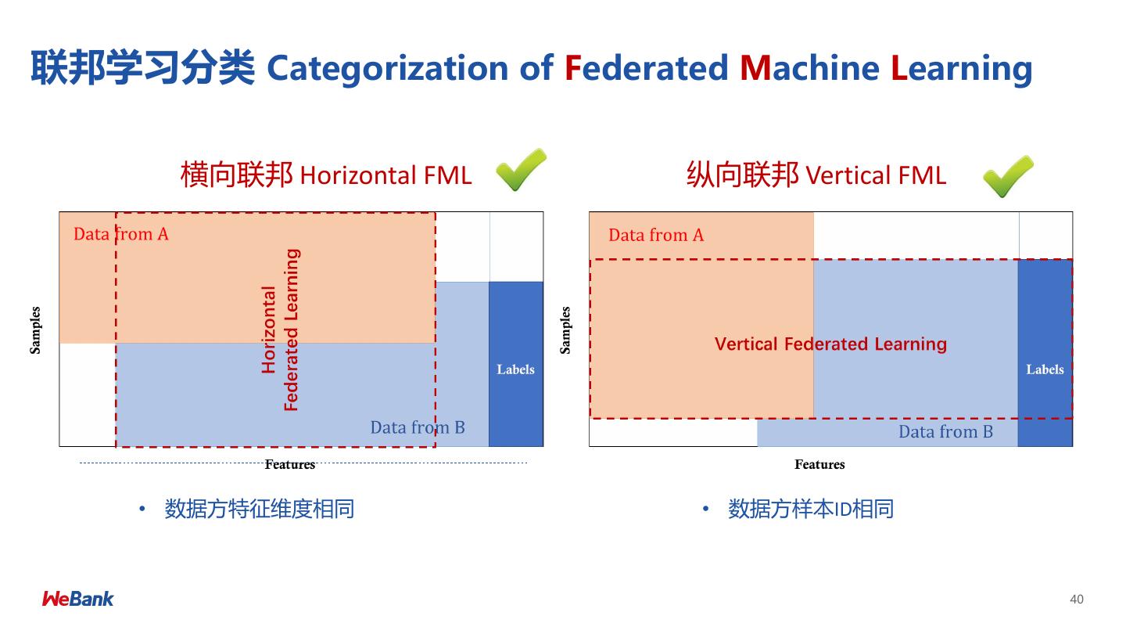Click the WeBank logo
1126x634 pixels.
[x=77, y=599]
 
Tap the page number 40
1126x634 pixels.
[x=1077, y=600]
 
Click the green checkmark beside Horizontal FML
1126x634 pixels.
[x=520, y=170]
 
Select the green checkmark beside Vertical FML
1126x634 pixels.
[x=1007, y=176]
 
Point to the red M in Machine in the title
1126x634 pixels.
[x=755, y=68]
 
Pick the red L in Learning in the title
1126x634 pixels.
[x=899, y=68]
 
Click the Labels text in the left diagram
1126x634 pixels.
[x=515, y=369]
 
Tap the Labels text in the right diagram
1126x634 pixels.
[x=1045, y=369]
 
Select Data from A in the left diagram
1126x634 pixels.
[x=120, y=234]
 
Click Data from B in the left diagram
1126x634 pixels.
[x=418, y=427]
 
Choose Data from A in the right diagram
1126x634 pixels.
[x=656, y=235]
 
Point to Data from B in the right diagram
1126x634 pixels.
[x=945, y=432]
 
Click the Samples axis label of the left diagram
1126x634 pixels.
[x=35, y=330]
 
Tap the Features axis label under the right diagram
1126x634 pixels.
[x=819, y=465]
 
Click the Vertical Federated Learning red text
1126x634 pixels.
[x=830, y=344]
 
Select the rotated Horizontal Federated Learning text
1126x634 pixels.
[x=280, y=330]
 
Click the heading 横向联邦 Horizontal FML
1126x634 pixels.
[x=326, y=175]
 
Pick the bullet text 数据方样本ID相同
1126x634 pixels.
[x=810, y=510]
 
